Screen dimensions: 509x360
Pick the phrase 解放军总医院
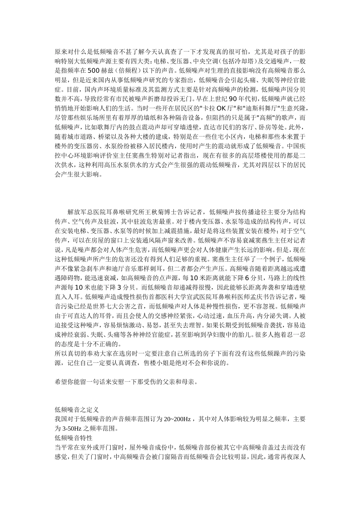point(86,212)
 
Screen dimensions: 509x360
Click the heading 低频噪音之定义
point(77,410)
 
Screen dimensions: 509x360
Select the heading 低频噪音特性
point(74,438)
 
